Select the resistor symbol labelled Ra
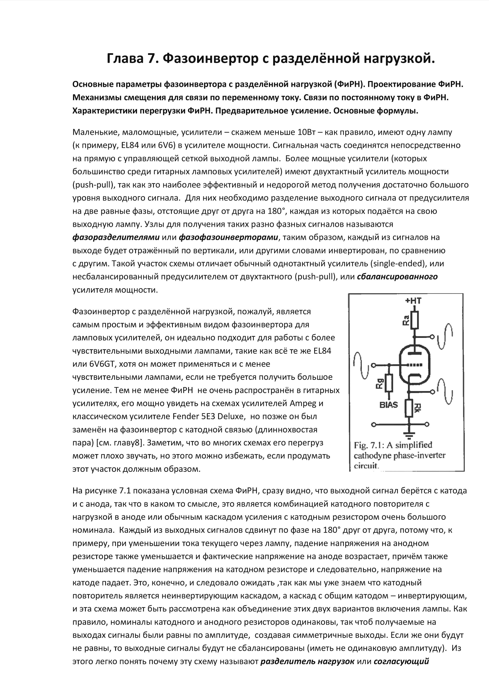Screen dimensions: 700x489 (x=414, y=320)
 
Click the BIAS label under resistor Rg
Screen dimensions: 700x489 (x=389, y=405)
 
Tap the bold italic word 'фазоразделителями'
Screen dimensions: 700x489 (x=116, y=237)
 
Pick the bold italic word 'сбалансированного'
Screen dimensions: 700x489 (x=397, y=276)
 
